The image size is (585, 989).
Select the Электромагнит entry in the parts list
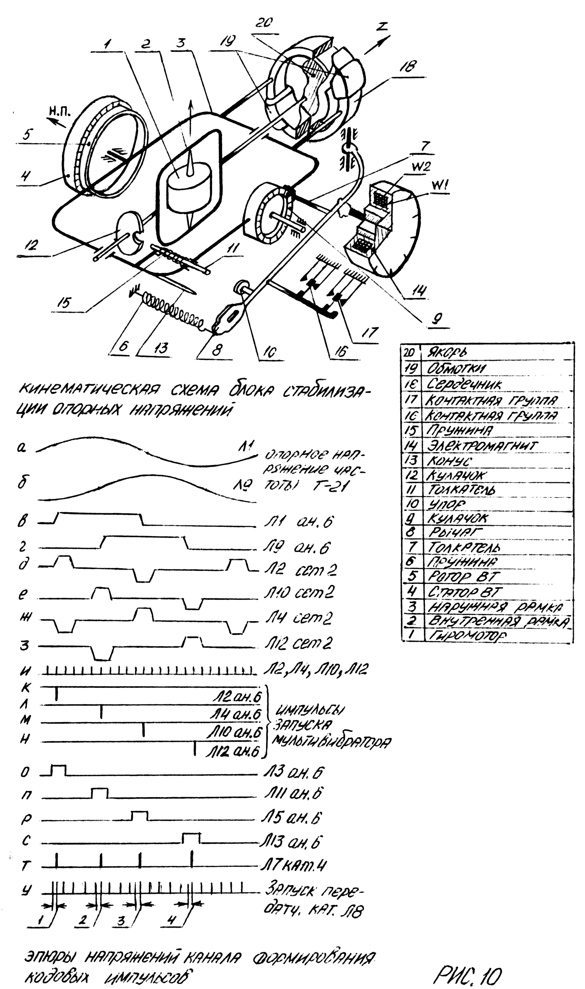(x=483, y=446)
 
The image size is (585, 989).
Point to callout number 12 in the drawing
(x=31, y=245)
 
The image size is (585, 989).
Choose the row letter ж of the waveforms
(x=24, y=619)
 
